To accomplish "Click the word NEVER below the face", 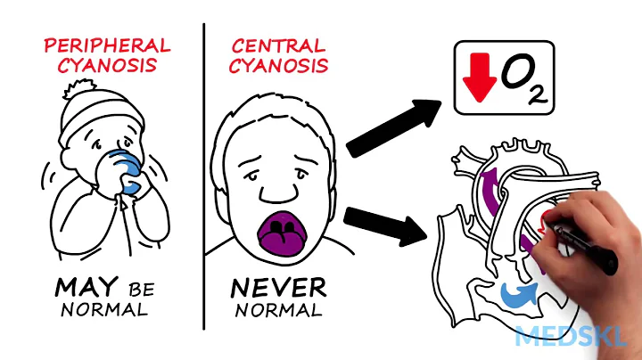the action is coord(277,288).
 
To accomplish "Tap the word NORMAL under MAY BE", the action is coord(103,311).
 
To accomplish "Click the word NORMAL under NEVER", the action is coord(278,311).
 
